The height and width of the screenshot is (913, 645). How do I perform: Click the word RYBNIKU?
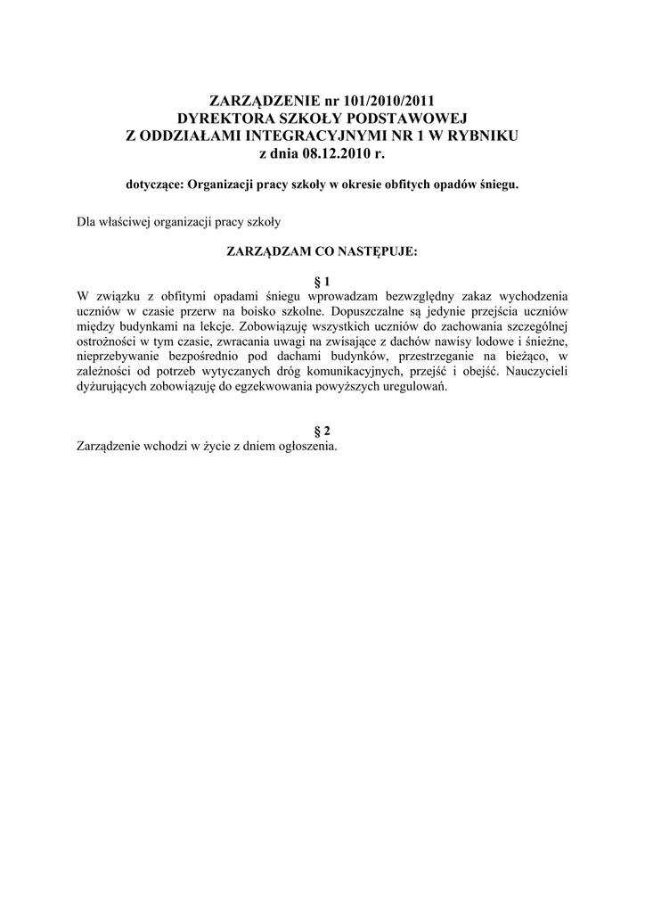[x=486, y=136]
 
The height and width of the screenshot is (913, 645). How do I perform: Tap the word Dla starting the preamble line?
[x=87, y=219]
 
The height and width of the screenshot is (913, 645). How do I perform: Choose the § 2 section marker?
[x=322, y=431]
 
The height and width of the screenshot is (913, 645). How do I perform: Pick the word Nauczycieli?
[x=533, y=379]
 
